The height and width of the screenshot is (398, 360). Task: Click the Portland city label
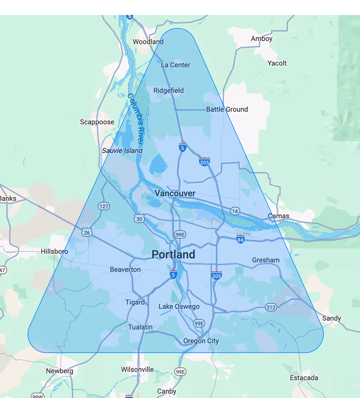(x=173, y=254)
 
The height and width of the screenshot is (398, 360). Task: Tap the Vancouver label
(x=175, y=193)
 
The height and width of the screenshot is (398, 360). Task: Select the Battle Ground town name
(x=227, y=109)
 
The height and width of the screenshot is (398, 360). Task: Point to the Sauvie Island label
(x=122, y=151)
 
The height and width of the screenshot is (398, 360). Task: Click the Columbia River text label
(x=135, y=119)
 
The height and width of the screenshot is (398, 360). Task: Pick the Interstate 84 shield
(x=240, y=239)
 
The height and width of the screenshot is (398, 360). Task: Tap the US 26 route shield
(x=87, y=233)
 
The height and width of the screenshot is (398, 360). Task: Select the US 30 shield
(x=139, y=218)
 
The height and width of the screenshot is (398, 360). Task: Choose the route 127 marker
(x=103, y=206)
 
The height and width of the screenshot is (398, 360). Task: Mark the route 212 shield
(x=271, y=307)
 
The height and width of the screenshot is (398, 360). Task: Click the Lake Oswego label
(x=179, y=307)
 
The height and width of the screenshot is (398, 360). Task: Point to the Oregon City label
(x=201, y=341)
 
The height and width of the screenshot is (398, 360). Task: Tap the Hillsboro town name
(x=54, y=251)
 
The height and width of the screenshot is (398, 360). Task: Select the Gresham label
(x=265, y=260)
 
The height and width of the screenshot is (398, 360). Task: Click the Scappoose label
(x=97, y=122)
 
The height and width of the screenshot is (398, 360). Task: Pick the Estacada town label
(x=304, y=378)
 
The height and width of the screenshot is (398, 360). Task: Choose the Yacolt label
(x=277, y=63)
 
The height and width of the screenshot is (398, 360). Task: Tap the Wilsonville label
(x=137, y=370)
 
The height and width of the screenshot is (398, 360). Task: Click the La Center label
(x=175, y=65)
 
